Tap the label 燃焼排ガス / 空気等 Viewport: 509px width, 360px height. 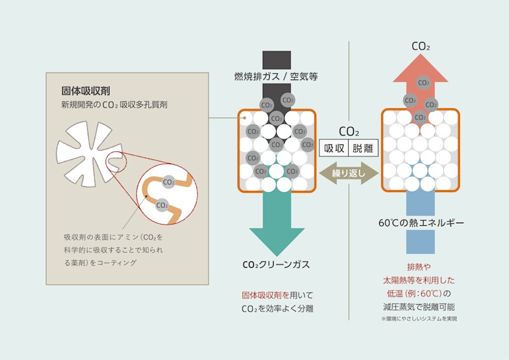tap(275, 76)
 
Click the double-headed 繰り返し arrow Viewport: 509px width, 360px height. tap(348, 172)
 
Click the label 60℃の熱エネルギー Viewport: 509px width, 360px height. tap(421, 223)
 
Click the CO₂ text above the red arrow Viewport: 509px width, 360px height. tap(420, 46)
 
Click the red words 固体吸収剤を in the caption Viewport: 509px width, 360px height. tap(266, 295)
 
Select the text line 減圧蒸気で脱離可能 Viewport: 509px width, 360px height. tap(420, 307)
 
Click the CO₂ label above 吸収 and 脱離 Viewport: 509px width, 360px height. tap(349, 132)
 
